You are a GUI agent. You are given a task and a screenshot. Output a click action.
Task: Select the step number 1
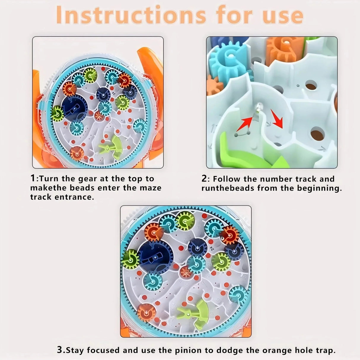click(33, 178)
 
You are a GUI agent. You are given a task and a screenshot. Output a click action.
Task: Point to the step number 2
click(204, 179)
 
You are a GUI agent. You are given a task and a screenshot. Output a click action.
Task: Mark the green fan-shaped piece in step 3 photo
click(195, 315)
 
